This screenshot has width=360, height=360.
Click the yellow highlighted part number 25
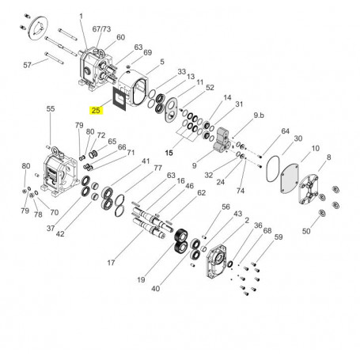96,110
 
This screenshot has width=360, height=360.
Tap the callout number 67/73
101,28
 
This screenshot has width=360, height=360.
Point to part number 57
27,63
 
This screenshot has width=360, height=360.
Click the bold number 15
168,152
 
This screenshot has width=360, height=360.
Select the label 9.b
259,116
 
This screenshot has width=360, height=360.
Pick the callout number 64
286,131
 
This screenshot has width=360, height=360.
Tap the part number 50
306,230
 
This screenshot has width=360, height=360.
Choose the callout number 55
50,108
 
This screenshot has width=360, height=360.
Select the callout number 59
278,237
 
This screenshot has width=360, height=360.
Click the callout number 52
210,88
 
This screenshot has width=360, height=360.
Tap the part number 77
157,169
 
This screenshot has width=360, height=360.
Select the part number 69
147,53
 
